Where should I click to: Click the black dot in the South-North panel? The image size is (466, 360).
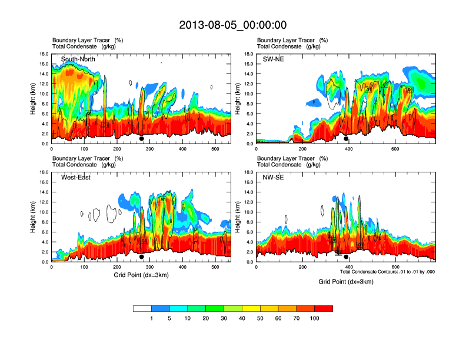click(x=142, y=139)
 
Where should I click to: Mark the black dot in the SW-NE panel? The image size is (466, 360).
click(x=346, y=139)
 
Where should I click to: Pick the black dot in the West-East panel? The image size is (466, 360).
click(x=142, y=257)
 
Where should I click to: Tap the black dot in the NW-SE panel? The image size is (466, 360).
click(x=346, y=257)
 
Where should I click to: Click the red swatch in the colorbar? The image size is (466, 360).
click(x=324, y=308)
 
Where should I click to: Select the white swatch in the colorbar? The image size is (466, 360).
click(x=142, y=308)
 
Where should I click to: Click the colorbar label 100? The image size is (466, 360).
click(x=315, y=318)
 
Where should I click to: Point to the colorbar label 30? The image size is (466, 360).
click(x=224, y=318)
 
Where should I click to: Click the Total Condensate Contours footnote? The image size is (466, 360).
click(x=387, y=272)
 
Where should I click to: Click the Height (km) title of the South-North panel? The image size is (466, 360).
click(x=33, y=98)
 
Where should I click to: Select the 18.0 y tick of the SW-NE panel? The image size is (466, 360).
click(x=249, y=54)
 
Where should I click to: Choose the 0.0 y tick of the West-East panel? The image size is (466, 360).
click(x=44, y=262)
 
